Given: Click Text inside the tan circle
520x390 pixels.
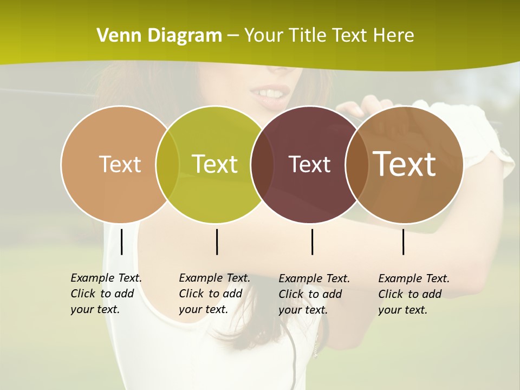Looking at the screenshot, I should [x=120, y=164].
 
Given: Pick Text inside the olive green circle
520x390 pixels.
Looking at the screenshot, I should [x=215, y=164].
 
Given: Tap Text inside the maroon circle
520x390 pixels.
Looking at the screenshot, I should [x=309, y=165].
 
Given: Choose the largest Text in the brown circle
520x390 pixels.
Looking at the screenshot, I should [x=405, y=164].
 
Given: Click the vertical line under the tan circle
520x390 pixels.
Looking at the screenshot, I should [x=121, y=242].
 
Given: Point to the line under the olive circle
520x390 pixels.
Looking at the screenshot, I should [x=217, y=242].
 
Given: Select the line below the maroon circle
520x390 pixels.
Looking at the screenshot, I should [x=312, y=242].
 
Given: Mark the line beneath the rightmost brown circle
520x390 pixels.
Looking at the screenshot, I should [x=403, y=242].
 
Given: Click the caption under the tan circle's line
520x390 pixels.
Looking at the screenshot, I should [x=106, y=294].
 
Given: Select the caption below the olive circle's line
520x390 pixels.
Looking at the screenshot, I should [x=214, y=294].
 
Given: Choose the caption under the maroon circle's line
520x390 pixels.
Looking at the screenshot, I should [x=314, y=294].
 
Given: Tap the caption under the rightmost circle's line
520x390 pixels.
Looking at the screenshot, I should [x=413, y=294].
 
